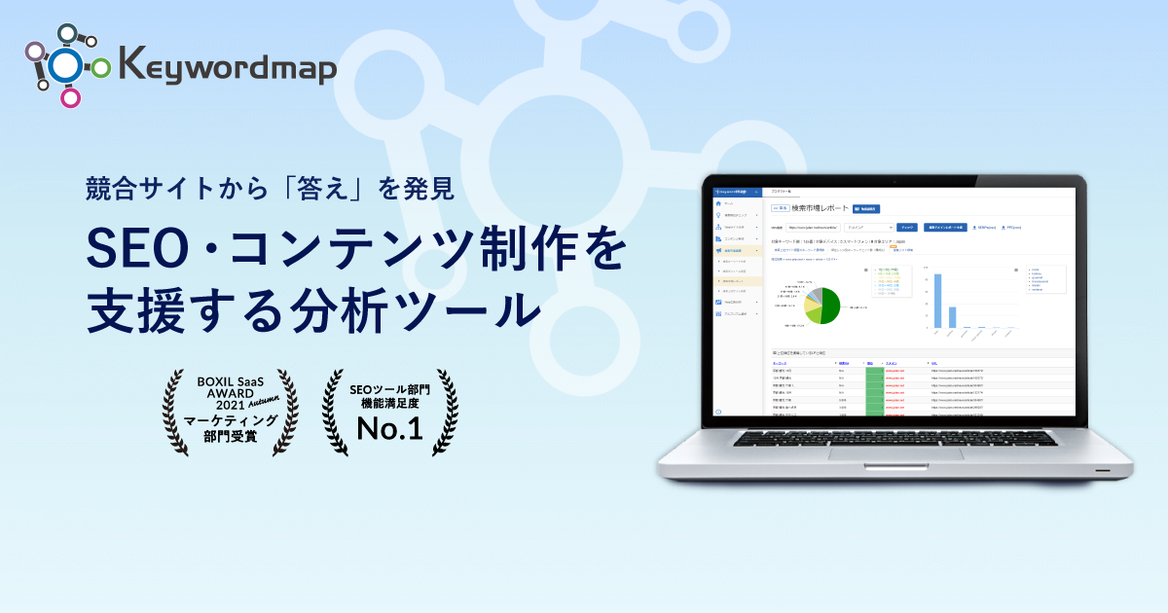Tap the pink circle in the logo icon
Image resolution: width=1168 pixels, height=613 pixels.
tap(70, 97)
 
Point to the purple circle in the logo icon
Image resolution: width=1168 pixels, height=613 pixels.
tap(34, 52)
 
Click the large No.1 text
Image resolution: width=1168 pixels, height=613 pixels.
tap(389, 430)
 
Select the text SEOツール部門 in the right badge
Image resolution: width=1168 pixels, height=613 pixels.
tap(389, 388)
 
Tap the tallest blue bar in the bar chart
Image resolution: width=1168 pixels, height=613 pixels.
tap(937, 301)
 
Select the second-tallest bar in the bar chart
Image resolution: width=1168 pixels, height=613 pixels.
tap(952, 317)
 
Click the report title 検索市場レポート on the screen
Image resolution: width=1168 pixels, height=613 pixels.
tap(821, 207)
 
